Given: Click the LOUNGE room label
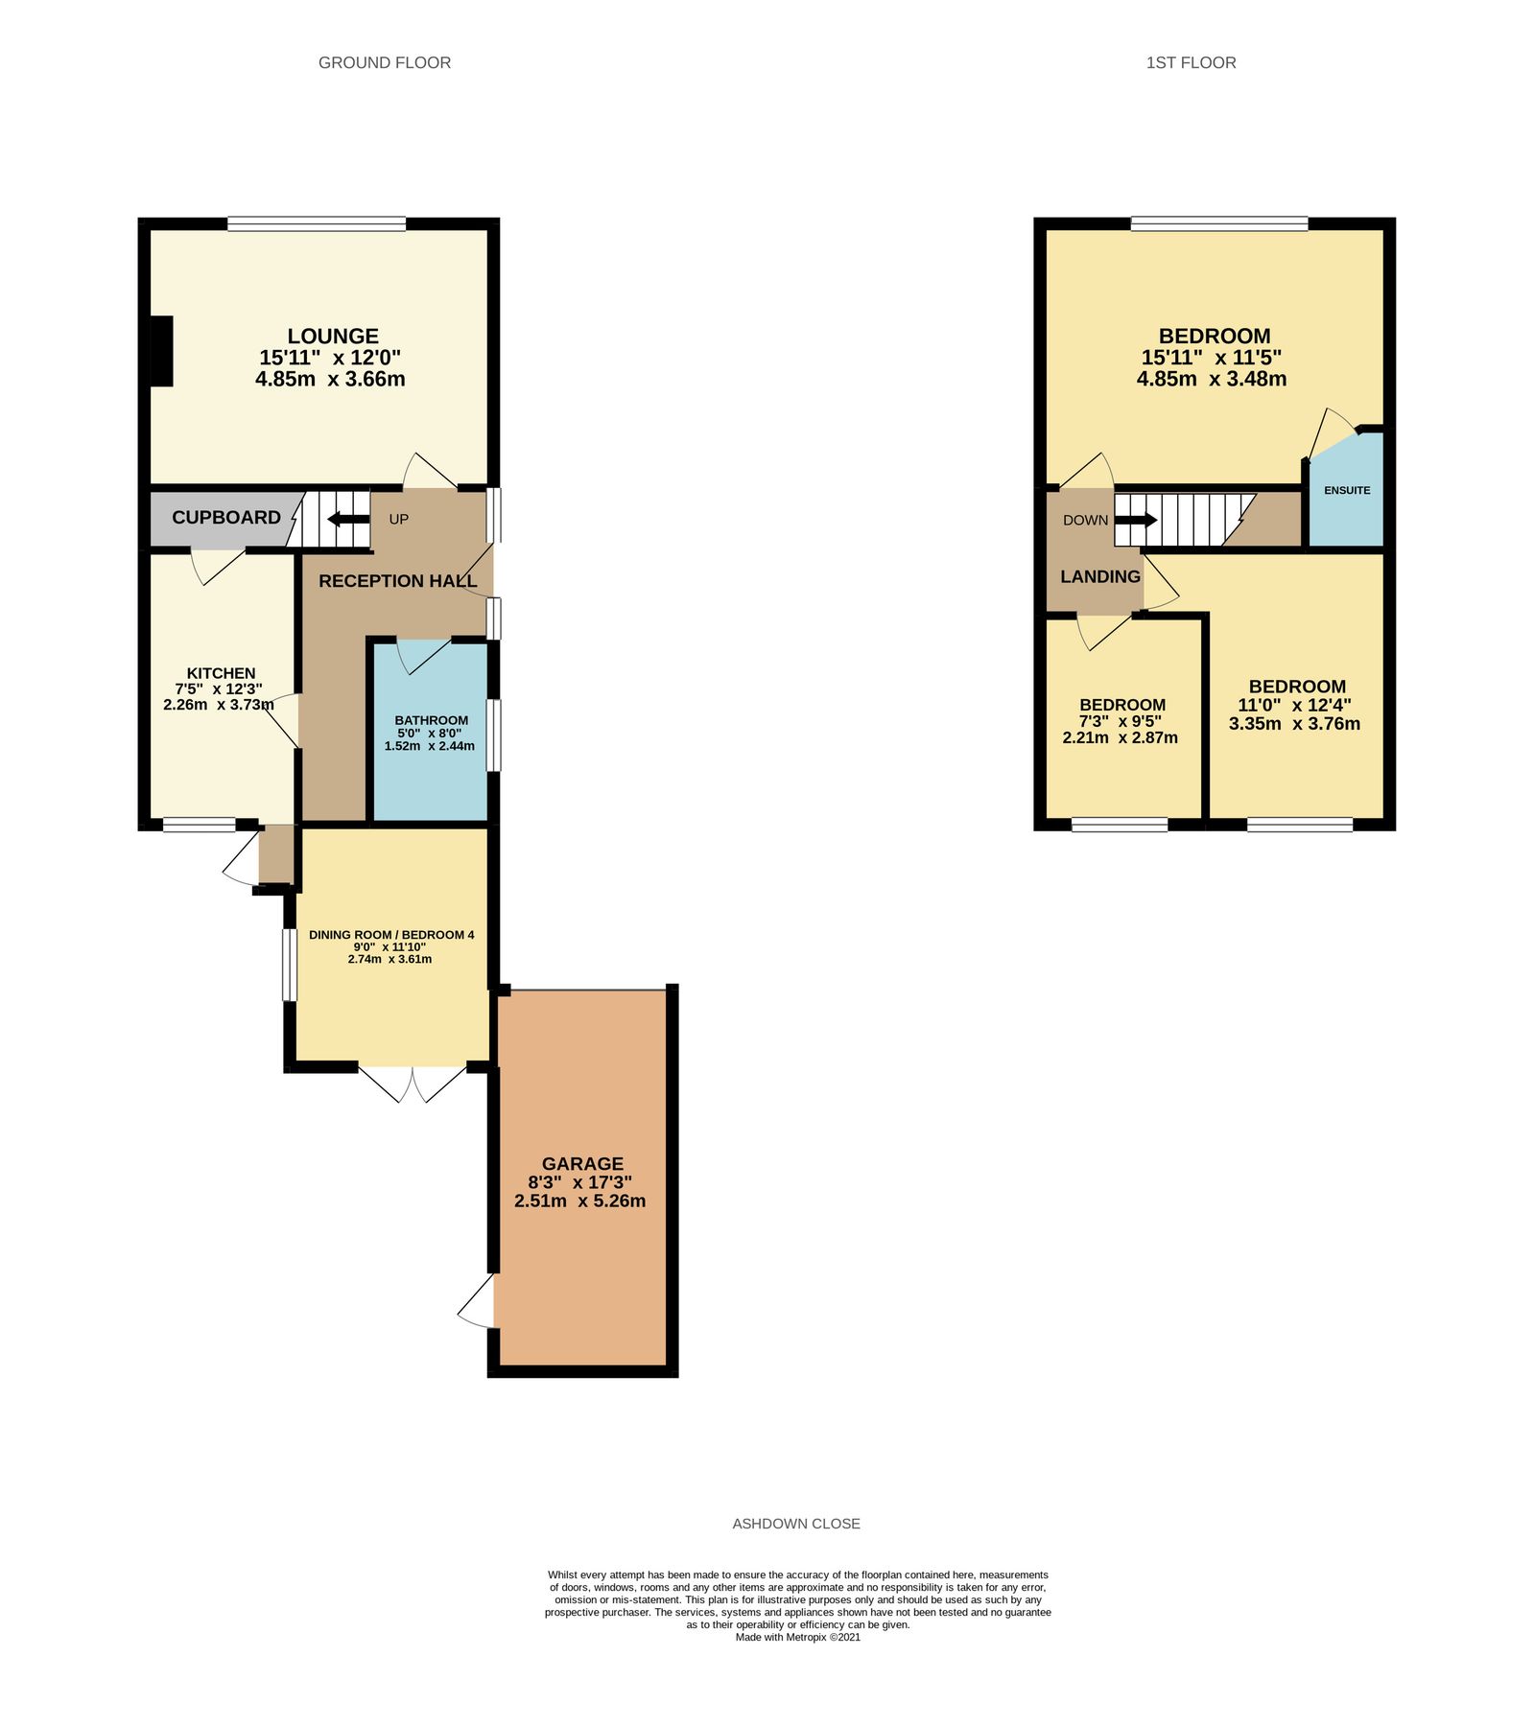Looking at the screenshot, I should click(x=332, y=337).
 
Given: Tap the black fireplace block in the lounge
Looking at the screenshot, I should click(x=161, y=351).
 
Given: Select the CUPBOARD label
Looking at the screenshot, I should click(x=226, y=518).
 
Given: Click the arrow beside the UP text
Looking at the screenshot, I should click(x=348, y=520).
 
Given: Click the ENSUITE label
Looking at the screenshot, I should click(x=1347, y=490).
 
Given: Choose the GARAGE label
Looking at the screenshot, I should click(x=582, y=1163).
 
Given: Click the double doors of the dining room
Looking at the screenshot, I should click(x=413, y=1083).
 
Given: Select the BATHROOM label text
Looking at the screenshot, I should click(x=431, y=720).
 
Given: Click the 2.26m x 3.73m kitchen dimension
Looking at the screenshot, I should click(x=219, y=705).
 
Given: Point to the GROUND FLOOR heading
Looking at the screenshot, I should click(x=384, y=63).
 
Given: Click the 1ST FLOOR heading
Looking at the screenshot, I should click(x=1191, y=63).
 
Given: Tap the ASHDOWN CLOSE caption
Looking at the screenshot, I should click(x=796, y=1524).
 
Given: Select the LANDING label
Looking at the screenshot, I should click(x=1099, y=576).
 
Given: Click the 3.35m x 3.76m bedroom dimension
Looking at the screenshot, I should click(x=1294, y=724).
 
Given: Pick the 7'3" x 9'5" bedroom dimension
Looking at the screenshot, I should click(x=1121, y=721).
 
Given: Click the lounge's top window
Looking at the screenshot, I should click(x=317, y=224).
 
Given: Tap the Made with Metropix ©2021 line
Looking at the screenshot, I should click(x=797, y=1638).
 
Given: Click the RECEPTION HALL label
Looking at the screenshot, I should click(x=397, y=581).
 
